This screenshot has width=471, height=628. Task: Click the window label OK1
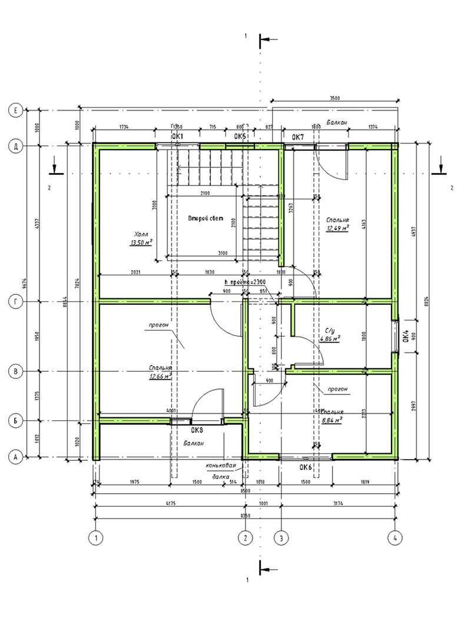(x=178, y=137)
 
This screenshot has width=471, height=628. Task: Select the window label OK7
(x=298, y=137)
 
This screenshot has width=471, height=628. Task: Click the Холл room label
(x=141, y=233)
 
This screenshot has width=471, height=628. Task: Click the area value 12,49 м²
(x=338, y=227)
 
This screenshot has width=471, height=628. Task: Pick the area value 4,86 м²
(x=330, y=339)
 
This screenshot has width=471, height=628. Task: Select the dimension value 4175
(x=171, y=503)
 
